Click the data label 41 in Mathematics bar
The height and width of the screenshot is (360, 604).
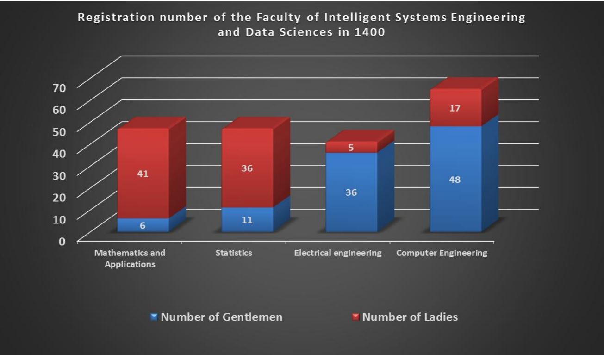(143, 174)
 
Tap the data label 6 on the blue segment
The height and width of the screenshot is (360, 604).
(143, 226)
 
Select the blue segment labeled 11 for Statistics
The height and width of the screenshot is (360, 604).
(247, 220)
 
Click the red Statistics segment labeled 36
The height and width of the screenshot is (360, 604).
(247, 168)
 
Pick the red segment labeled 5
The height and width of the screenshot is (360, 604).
(351, 148)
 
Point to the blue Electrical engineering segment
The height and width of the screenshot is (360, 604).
(351, 192)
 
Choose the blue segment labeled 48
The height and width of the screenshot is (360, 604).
(455, 180)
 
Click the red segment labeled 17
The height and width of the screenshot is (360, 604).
(455, 108)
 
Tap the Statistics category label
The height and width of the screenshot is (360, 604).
(234, 253)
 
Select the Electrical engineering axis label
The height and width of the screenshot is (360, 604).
(338, 253)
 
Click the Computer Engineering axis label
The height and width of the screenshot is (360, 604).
(442, 253)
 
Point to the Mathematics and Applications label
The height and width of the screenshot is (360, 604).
(130, 259)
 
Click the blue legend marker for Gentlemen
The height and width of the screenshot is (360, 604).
(155, 317)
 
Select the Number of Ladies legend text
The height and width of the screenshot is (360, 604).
(410, 317)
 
